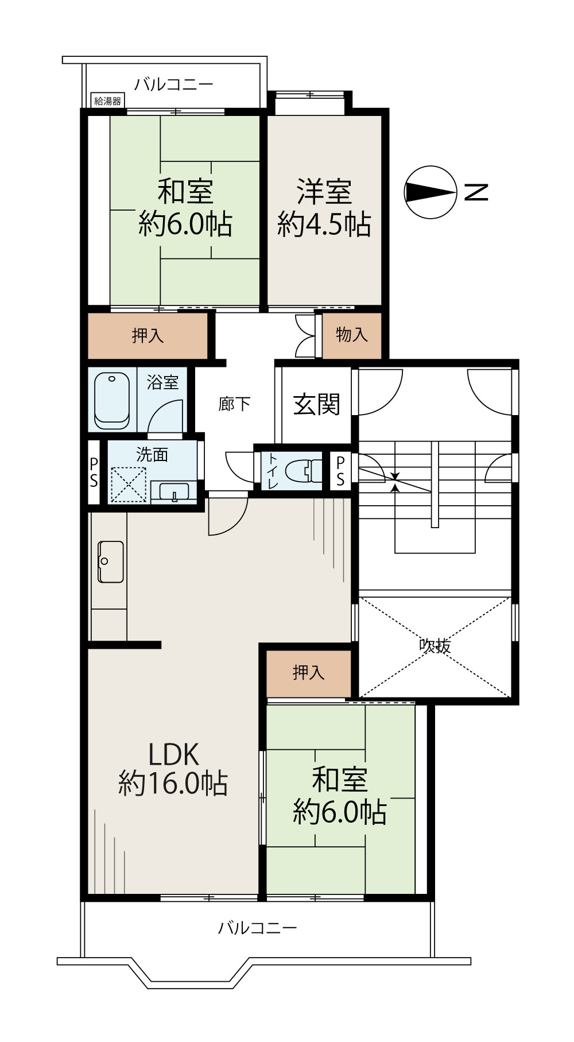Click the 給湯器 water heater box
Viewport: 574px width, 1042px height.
(108, 101)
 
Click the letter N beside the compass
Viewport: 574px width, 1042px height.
(476, 192)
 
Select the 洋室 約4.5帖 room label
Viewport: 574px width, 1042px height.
(324, 208)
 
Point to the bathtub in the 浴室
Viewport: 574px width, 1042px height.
(112, 400)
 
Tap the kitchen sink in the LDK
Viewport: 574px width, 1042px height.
(111, 561)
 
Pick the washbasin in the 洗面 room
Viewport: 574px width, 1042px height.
(174, 493)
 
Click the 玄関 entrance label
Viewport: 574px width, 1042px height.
(317, 405)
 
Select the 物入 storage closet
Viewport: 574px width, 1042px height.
(352, 335)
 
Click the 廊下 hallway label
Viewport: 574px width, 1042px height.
(234, 404)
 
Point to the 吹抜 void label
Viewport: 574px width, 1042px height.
(435, 646)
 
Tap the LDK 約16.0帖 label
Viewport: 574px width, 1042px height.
(173, 768)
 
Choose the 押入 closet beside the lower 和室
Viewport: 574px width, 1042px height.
(309, 673)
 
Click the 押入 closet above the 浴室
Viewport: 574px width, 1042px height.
(148, 335)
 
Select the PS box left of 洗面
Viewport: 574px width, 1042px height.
(94, 472)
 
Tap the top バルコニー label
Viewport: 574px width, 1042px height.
(174, 85)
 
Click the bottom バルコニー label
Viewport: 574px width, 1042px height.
(258, 928)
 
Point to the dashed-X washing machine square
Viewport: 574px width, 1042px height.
(129, 485)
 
